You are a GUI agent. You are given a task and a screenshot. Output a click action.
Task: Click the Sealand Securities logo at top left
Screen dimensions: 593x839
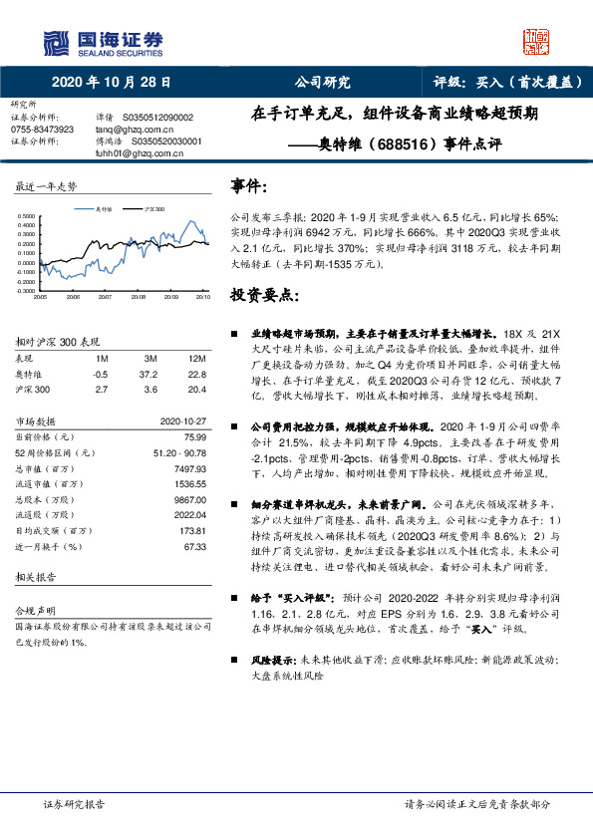(103, 41)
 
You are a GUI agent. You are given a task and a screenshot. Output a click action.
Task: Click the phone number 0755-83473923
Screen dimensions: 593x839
(42, 130)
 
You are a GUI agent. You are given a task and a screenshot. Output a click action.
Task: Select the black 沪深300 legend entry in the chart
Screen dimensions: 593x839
(151, 209)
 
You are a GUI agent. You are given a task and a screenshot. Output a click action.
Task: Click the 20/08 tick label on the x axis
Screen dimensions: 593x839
(138, 297)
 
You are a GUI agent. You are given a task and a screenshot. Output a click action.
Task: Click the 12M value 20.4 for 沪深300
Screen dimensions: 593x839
(195, 389)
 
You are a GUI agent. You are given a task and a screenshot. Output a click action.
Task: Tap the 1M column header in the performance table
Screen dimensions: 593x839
(101, 359)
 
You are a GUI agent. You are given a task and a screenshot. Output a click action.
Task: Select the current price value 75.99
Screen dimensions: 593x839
(194, 436)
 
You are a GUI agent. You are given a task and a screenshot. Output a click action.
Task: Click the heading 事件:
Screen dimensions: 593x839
(249, 185)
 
